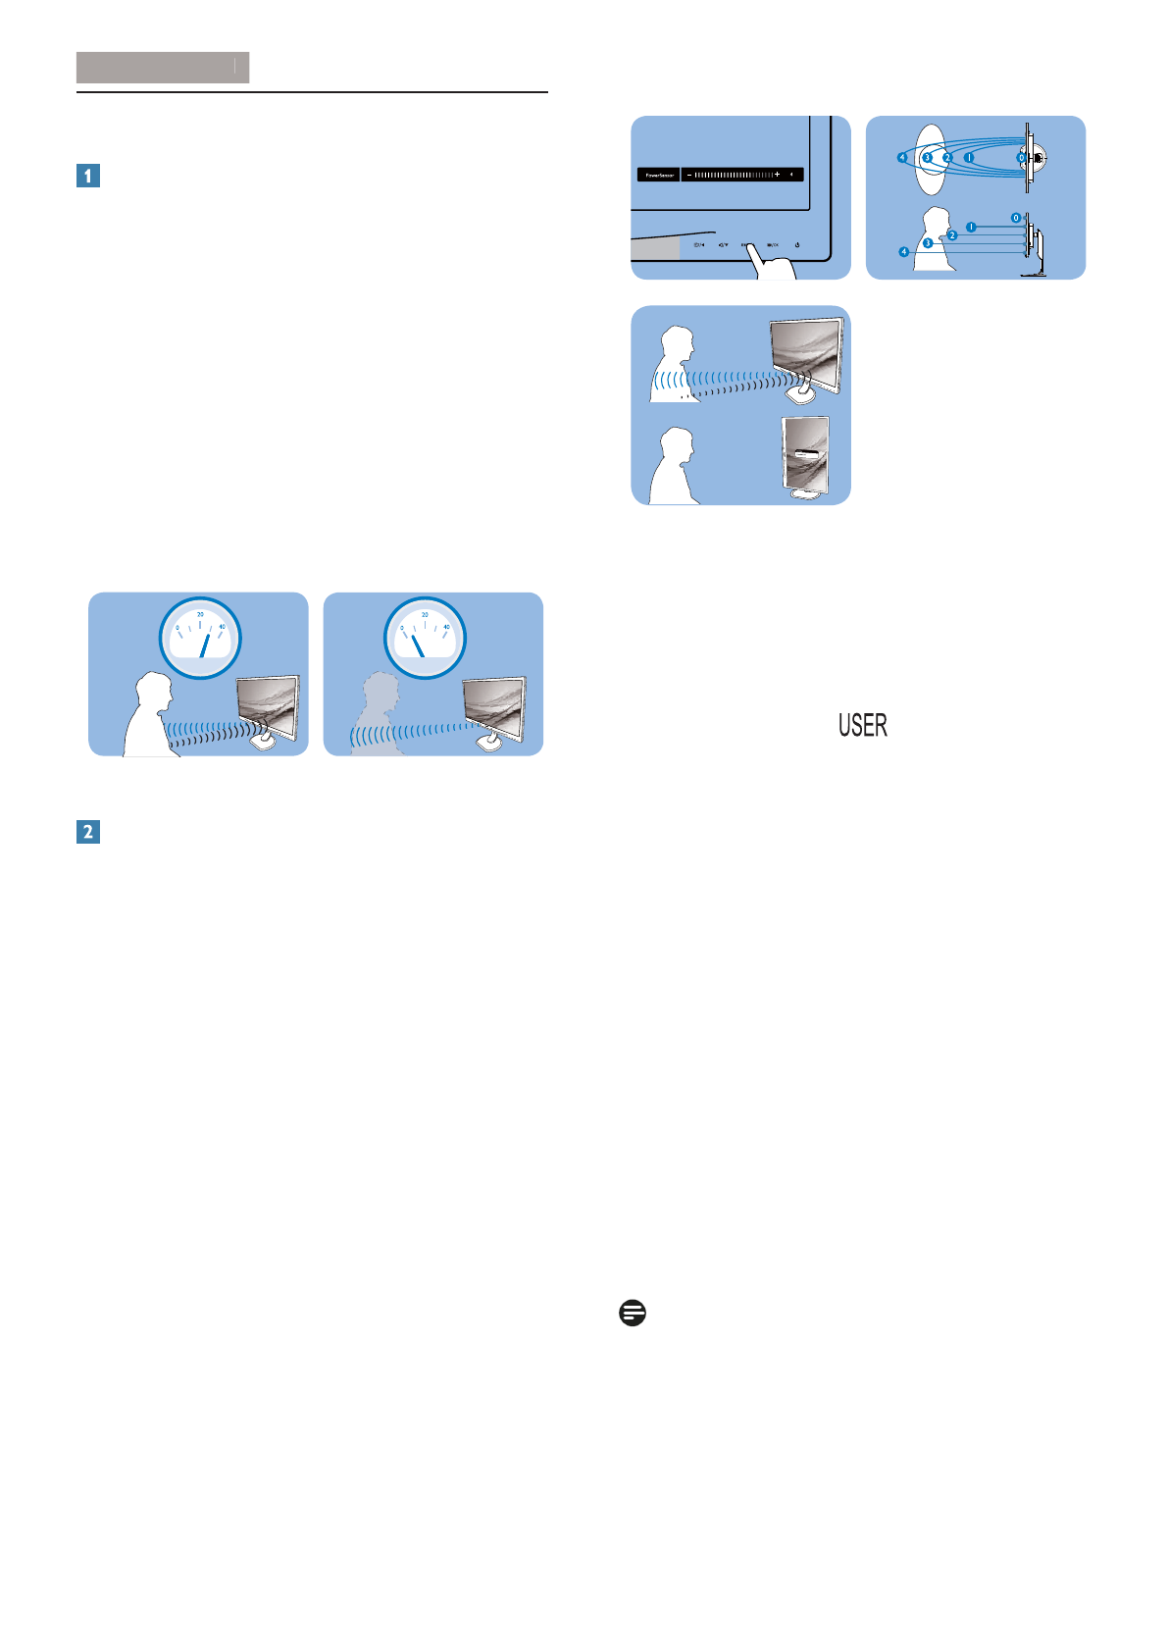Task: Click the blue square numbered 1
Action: tap(88, 177)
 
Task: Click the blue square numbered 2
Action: tap(88, 832)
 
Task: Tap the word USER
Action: tap(863, 726)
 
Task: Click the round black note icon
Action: tap(633, 1314)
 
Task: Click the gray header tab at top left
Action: tap(163, 68)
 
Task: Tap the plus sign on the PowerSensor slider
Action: tap(777, 175)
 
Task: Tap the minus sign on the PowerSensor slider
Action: tap(689, 175)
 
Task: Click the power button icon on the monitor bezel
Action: tap(798, 245)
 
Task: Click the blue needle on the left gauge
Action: tap(205, 645)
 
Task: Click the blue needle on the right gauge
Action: tap(417, 645)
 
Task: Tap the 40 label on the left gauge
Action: tap(223, 627)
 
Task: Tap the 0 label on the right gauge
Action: tap(403, 628)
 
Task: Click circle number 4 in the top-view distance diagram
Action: tap(902, 157)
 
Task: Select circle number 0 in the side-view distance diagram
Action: tap(1016, 218)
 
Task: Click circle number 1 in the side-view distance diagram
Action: tap(970, 227)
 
